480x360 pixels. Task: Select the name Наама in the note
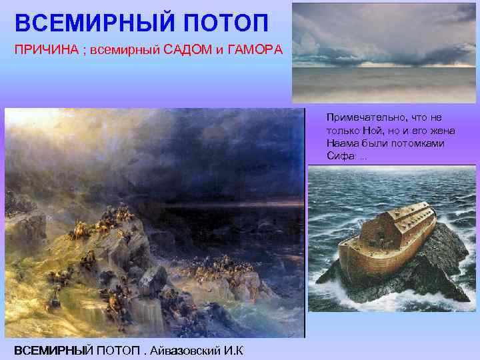(x=341, y=143)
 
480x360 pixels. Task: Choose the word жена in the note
(x=443, y=130)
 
